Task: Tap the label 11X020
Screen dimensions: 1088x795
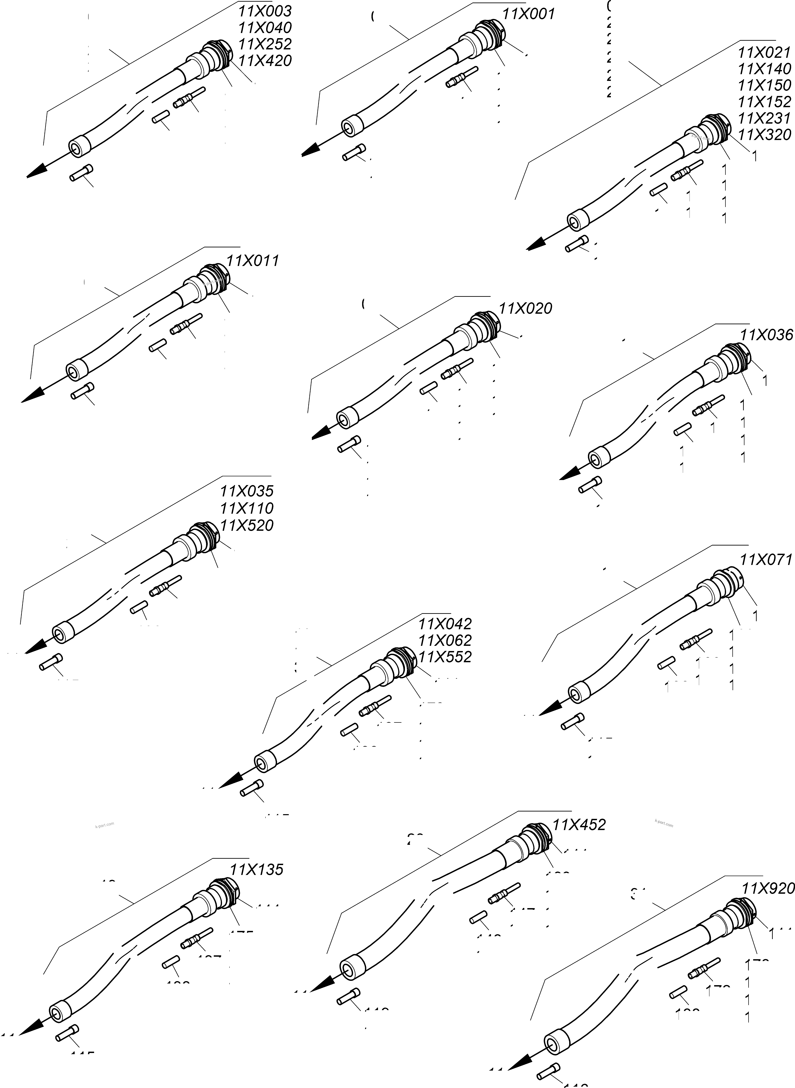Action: point(525,309)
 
